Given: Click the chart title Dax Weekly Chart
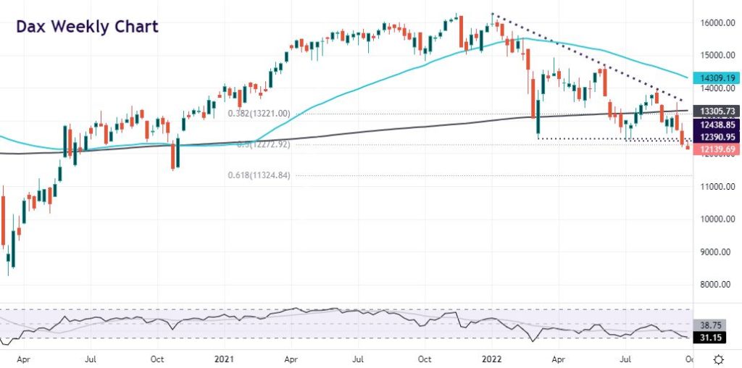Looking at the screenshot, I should point(86,28).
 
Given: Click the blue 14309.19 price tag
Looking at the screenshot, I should point(714,77).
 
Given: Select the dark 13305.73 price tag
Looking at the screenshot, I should point(714,111).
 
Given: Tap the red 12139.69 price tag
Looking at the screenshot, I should point(714,149).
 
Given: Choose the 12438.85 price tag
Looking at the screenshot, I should point(714,125).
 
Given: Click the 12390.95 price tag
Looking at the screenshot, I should point(714,136).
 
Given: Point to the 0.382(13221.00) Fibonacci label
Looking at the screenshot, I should point(259,114).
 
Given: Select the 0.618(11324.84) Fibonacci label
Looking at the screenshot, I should point(259,175).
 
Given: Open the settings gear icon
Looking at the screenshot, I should point(718,359).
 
